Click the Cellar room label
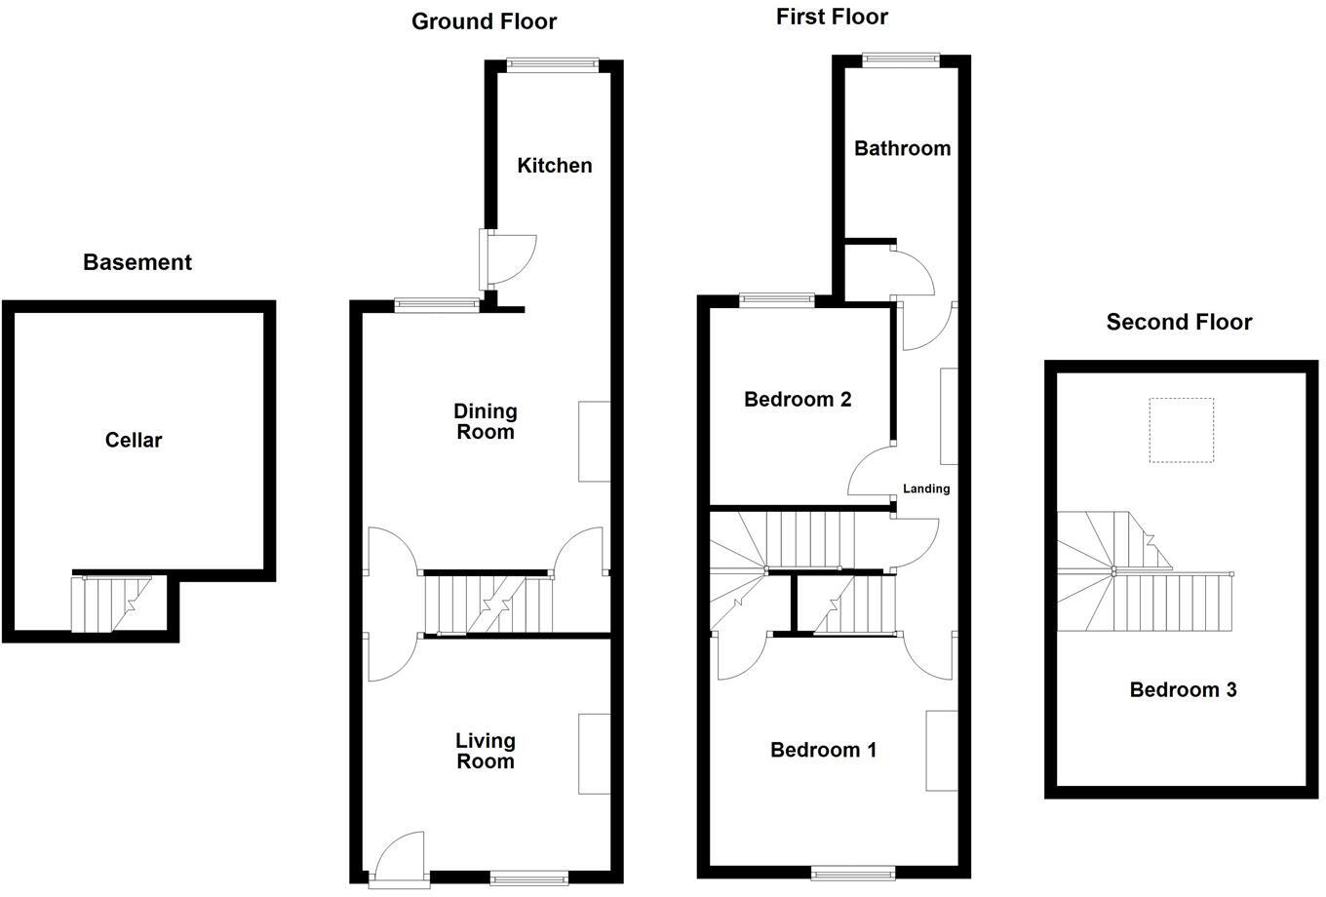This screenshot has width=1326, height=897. tap(134, 440)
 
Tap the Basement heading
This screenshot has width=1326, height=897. tap(137, 262)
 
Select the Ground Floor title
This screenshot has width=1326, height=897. tap(484, 21)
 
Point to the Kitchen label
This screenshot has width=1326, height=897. tap(554, 166)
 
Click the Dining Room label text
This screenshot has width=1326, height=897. tap(486, 421)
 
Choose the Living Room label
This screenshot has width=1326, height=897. tap(486, 751)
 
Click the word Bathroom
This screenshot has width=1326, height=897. tap(902, 148)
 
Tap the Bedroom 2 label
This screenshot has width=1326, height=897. tap(798, 399)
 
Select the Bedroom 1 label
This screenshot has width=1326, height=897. tap(823, 750)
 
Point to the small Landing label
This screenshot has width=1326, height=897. tap(925, 488)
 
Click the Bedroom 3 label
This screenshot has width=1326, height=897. tap(1183, 690)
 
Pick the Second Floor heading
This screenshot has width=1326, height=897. tap(1179, 322)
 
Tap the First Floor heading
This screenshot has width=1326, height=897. tap(832, 17)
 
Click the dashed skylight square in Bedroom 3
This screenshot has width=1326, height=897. tap(1181, 430)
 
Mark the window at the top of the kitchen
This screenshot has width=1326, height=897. tap(553, 65)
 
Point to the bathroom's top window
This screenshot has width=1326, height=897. tap(900, 60)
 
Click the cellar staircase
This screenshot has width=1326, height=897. tap(111, 604)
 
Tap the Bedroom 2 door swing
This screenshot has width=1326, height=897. tap(870, 472)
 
